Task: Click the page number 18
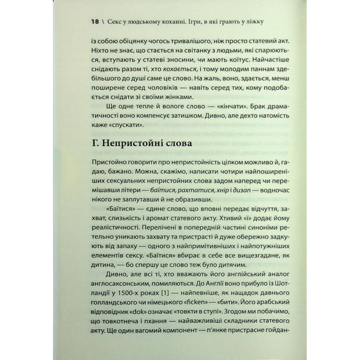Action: pos(95,22)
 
